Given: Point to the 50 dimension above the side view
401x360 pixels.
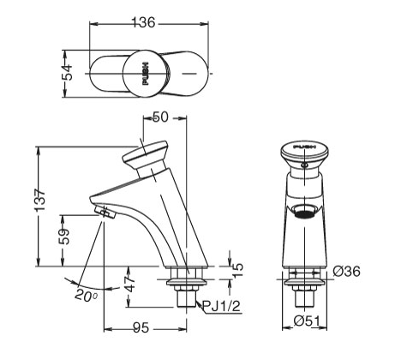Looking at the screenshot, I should pos(159,117).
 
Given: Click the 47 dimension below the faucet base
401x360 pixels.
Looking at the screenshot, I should pos(130,283).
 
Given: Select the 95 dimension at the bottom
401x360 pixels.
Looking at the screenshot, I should pos(142,327).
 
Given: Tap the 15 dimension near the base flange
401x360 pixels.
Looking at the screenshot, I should pos(239,267).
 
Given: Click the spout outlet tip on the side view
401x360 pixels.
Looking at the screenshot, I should pos(102,211).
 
